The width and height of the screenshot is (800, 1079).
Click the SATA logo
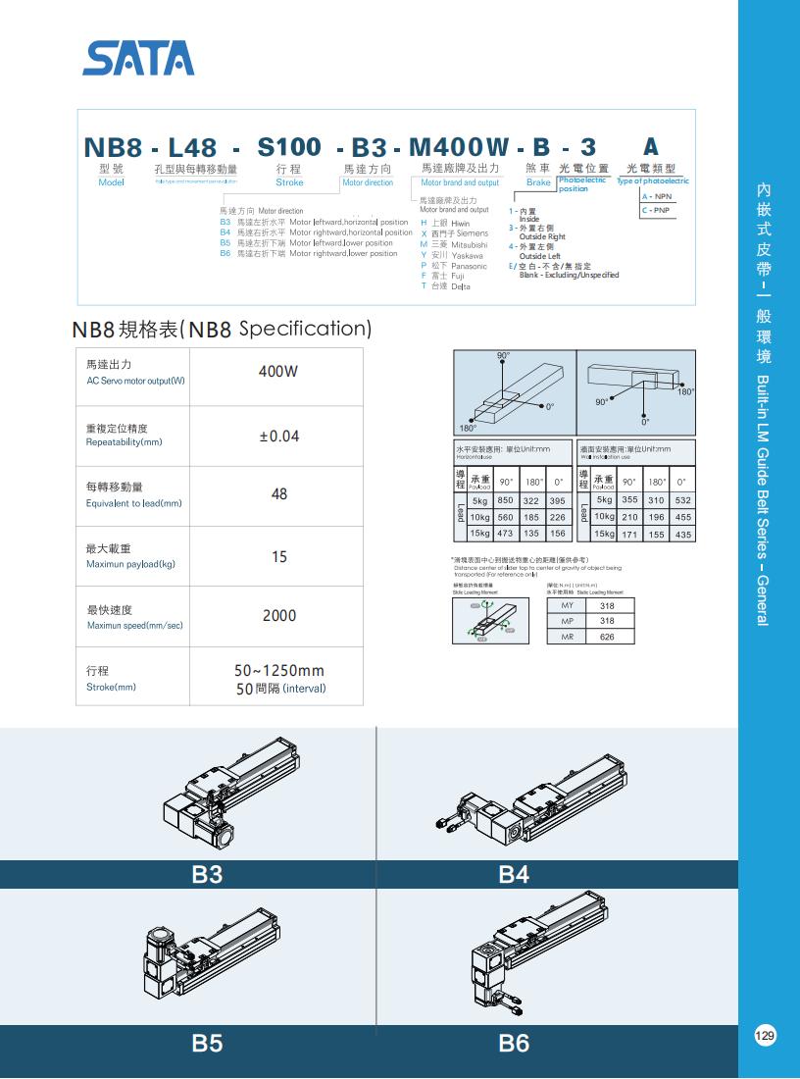(x=138, y=58)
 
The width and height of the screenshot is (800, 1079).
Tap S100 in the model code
(x=288, y=147)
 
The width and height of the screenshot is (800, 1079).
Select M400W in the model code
(x=458, y=147)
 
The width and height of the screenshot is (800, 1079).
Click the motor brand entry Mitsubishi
(x=460, y=244)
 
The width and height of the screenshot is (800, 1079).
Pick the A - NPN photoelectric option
(x=657, y=197)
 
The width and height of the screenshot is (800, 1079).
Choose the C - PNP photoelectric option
(x=656, y=210)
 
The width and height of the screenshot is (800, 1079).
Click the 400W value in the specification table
(x=278, y=372)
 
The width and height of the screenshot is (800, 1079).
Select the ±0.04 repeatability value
(x=278, y=436)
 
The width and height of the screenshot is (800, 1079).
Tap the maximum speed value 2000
(x=278, y=616)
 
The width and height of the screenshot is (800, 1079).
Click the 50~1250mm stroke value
(x=278, y=671)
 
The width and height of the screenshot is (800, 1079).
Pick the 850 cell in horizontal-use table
(x=505, y=500)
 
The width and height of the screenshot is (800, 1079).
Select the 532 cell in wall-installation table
(x=683, y=500)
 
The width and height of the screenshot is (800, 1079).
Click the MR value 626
(x=607, y=637)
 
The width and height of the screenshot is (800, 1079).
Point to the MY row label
(x=567, y=606)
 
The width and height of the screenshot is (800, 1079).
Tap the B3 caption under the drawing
(x=207, y=874)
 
